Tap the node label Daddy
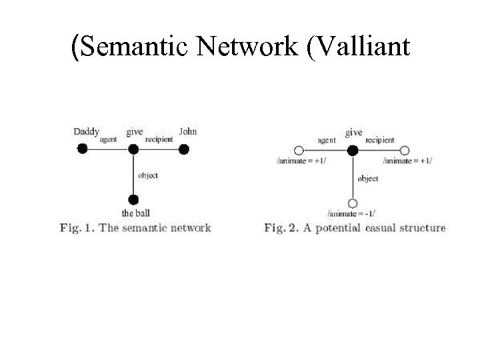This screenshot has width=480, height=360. pyautogui.click(x=86, y=132)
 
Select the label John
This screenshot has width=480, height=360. pyautogui.click(x=188, y=131)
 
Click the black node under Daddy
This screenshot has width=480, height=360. pyautogui.click(x=82, y=149)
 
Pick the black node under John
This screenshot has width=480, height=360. pyautogui.click(x=183, y=149)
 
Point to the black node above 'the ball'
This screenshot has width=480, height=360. pyautogui.click(x=133, y=199)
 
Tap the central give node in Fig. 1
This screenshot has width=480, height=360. pyautogui.click(x=133, y=149)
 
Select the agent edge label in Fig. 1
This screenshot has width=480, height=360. pyautogui.click(x=108, y=140)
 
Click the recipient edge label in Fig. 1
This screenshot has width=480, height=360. pyautogui.click(x=159, y=140)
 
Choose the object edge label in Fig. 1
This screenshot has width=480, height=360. pyautogui.click(x=148, y=175)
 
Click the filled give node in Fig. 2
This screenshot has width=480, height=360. pyautogui.click(x=353, y=151)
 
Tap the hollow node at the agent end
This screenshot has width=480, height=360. pyautogui.click(x=299, y=151)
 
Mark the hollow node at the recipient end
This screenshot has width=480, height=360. pyautogui.click(x=405, y=151)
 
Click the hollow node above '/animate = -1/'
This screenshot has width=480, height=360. pyautogui.click(x=353, y=203)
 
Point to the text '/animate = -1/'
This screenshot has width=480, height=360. pyautogui.click(x=352, y=214)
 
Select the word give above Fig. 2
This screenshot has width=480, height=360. pyautogui.click(x=353, y=133)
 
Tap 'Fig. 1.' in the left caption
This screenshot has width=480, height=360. pyautogui.click(x=75, y=228)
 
